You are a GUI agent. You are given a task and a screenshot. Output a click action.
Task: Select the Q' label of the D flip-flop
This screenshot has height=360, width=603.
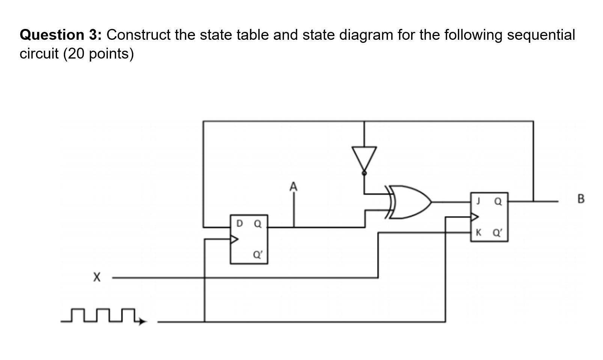[x=258, y=255]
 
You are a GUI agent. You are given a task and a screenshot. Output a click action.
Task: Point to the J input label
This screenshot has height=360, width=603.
[x=478, y=201]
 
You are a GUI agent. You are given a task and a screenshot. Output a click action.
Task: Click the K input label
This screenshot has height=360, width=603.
[x=478, y=232]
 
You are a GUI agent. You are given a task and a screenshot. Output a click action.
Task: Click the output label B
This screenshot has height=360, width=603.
[x=580, y=199]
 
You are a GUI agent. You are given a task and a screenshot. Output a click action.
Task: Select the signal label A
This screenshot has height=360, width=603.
[x=293, y=186]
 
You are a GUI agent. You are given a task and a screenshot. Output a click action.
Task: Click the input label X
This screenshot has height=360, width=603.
[x=97, y=277]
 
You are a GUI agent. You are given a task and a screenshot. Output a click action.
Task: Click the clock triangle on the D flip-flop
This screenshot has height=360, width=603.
[x=234, y=239]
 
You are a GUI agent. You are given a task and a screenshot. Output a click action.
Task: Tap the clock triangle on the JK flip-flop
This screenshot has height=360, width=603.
[x=475, y=217]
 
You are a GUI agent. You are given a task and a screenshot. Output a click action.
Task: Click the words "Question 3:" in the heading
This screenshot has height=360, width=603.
[x=60, y=35]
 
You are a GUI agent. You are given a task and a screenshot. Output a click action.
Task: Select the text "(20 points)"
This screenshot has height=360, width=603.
[x=98, y=54]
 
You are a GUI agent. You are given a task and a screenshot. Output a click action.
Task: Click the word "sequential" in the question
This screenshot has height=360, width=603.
[x=541, y=35]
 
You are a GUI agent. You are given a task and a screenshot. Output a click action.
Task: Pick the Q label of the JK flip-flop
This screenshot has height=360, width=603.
[x=498, y=202]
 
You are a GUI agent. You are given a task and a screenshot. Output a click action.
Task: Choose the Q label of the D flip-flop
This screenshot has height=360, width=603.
[x=258, y=224]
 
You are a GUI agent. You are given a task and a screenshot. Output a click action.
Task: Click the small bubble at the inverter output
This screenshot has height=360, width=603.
[x=364, y=173]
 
